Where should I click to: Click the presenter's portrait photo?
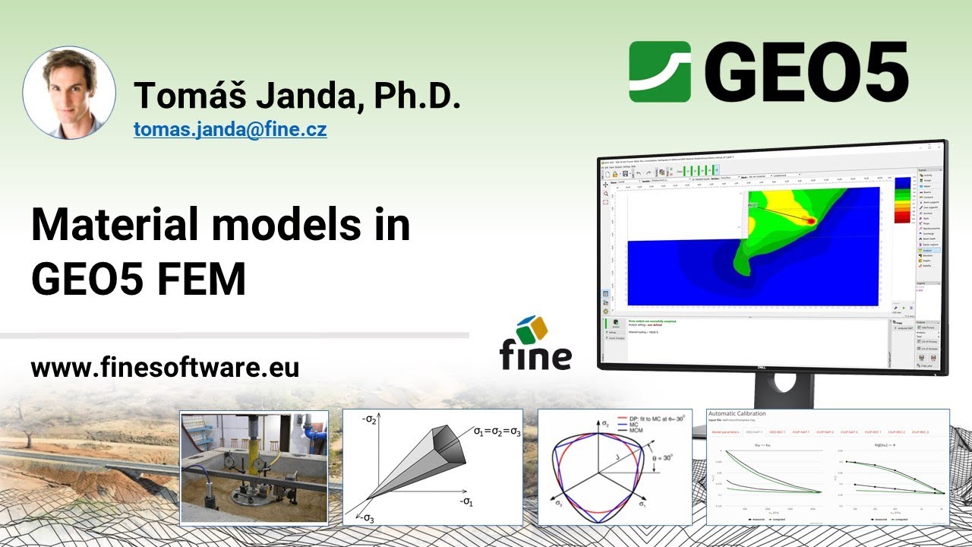coord(69,93)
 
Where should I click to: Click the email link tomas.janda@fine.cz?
coord(230,129)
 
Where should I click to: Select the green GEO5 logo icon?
coord(660,71)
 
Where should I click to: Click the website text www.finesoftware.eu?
coord(165,368)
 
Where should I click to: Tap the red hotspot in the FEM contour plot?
coord(810,220)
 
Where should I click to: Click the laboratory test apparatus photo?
coord(254,467)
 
